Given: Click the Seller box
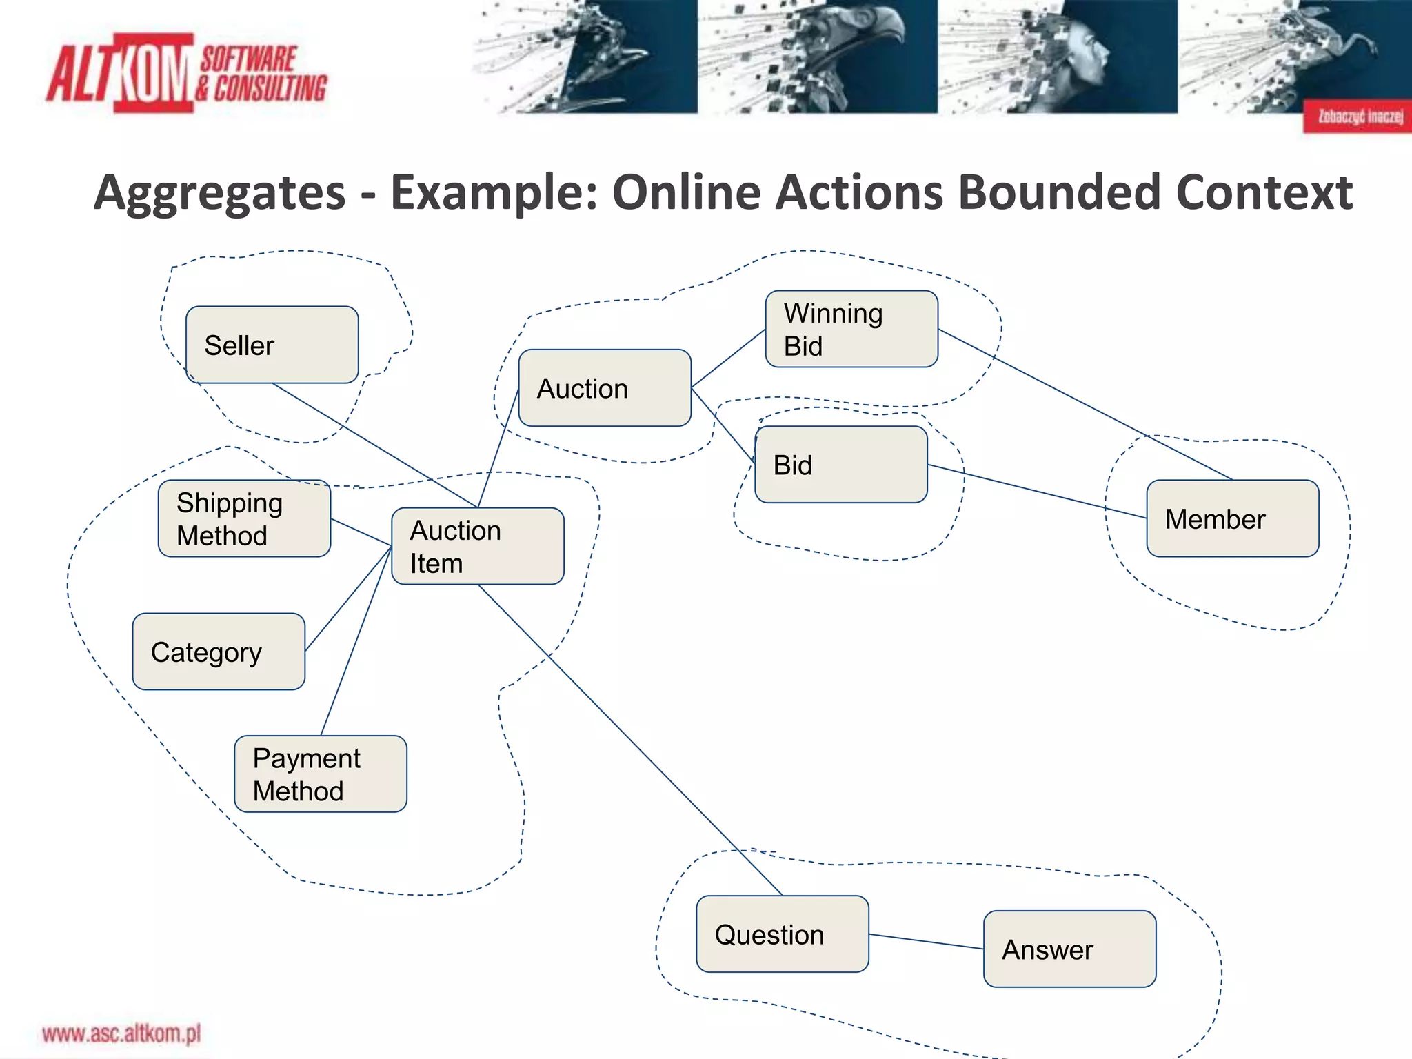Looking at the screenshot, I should (272, 345).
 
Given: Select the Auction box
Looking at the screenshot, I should (605, 388).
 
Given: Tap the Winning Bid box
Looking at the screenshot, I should (851, 329).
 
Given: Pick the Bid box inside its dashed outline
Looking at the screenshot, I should (841, 465).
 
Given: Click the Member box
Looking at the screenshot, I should (1233, 518).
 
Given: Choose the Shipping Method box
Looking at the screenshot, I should (244, 518).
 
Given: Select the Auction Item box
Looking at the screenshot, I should (478, 546).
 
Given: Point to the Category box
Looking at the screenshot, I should (219, 652).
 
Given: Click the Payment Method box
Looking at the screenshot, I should (321, 774).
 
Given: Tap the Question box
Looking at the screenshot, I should (783, 934).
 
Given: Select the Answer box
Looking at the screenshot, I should (1069, 949).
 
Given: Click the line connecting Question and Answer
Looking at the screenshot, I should (926, 942).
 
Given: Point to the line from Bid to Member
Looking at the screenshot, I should (1037, 491).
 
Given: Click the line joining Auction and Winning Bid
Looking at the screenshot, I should (728, 359).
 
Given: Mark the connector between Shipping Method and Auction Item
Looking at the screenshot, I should (361, 532).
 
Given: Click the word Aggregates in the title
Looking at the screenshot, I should (219, 192).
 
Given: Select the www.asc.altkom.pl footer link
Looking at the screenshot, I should (121, 1033).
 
